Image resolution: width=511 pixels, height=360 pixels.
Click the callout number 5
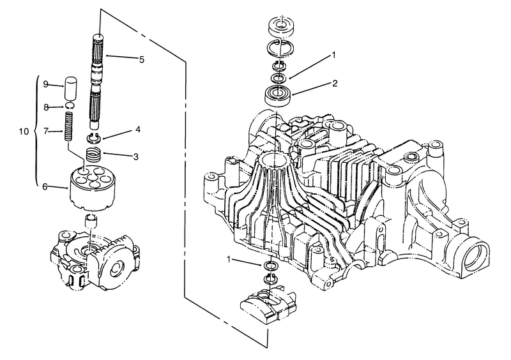tap(141, 59)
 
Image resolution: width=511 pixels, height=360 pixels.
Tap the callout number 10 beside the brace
tap(24, 131)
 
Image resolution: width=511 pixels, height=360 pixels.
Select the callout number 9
tap(46, 84)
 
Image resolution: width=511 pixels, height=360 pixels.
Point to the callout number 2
tap(335, 84)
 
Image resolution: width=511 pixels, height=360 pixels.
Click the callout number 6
tap(45, 186)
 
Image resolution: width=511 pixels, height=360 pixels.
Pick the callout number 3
tap(135, 157)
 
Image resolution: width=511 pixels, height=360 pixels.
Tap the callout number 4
tap(138, 130)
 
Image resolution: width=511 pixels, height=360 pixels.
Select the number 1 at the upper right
tap(333, 55)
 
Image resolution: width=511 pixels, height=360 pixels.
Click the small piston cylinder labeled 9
tap(70, 88)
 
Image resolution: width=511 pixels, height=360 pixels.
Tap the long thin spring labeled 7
tap(68, 126)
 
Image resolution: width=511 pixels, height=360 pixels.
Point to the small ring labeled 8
tap(70, 105)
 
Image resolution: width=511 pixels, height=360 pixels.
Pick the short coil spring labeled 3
tap(93, 154)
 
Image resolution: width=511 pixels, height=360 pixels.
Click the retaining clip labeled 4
tap(94, 139)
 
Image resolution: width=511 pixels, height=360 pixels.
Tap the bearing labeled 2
tap(278, 94)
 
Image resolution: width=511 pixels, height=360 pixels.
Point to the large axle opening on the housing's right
tap(476, 257)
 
